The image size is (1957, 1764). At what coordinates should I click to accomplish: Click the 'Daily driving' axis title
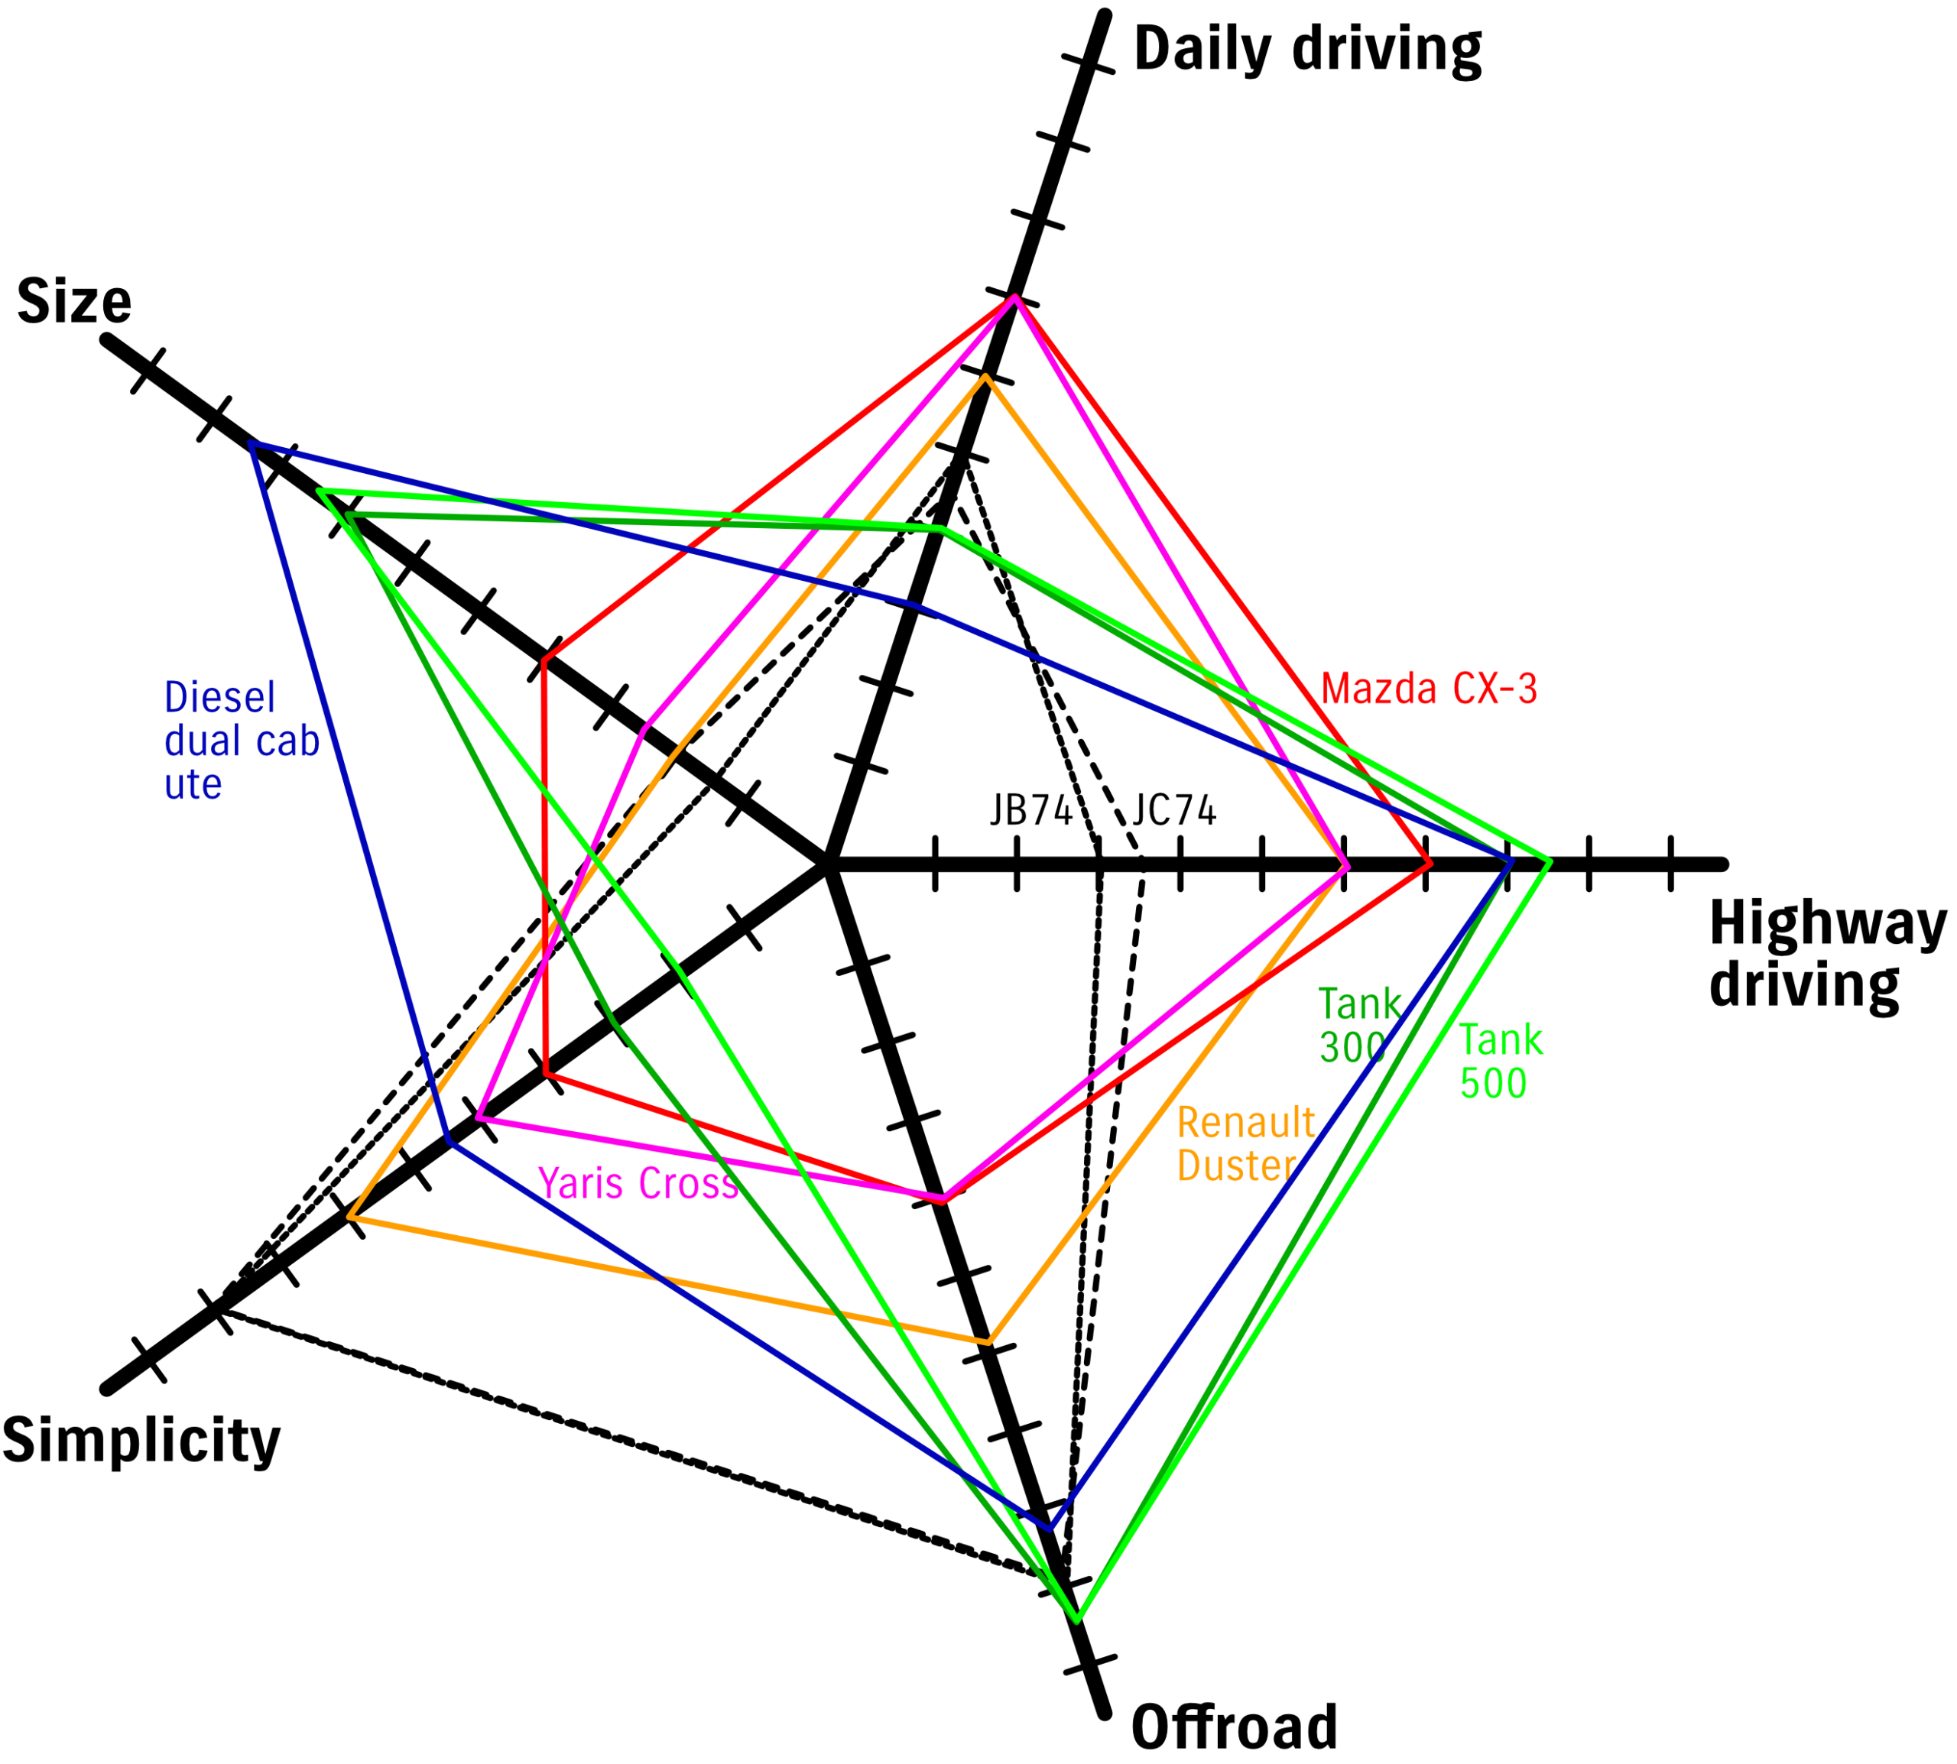click(x=1306, y=48)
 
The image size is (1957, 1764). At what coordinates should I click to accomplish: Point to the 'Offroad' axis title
click(x=1234, y=1728)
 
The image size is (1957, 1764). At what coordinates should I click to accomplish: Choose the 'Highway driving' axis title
click(x=1827, y=954)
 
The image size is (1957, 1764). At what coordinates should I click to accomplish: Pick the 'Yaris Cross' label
click(x=638, y=1183)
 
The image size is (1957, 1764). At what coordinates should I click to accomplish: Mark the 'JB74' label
click(x=1030, y=810)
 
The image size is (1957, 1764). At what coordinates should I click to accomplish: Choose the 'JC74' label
click(x=1173, y=810)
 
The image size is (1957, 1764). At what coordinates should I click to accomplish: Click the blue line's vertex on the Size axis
click(x=253, y=444)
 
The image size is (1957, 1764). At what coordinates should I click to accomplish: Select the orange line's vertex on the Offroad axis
click(x=988, y=1341)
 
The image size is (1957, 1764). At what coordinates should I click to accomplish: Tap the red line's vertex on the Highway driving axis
click(x=1429, y=863)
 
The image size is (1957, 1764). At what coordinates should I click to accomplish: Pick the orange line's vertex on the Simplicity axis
click(x=351, y=1217)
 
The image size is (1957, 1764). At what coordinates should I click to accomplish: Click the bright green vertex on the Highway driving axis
click(x=1549, y=861)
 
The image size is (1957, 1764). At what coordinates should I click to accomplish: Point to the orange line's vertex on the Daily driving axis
click(x=986, y=376)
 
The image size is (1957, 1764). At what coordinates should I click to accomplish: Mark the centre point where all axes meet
click(x=827, y=863)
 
